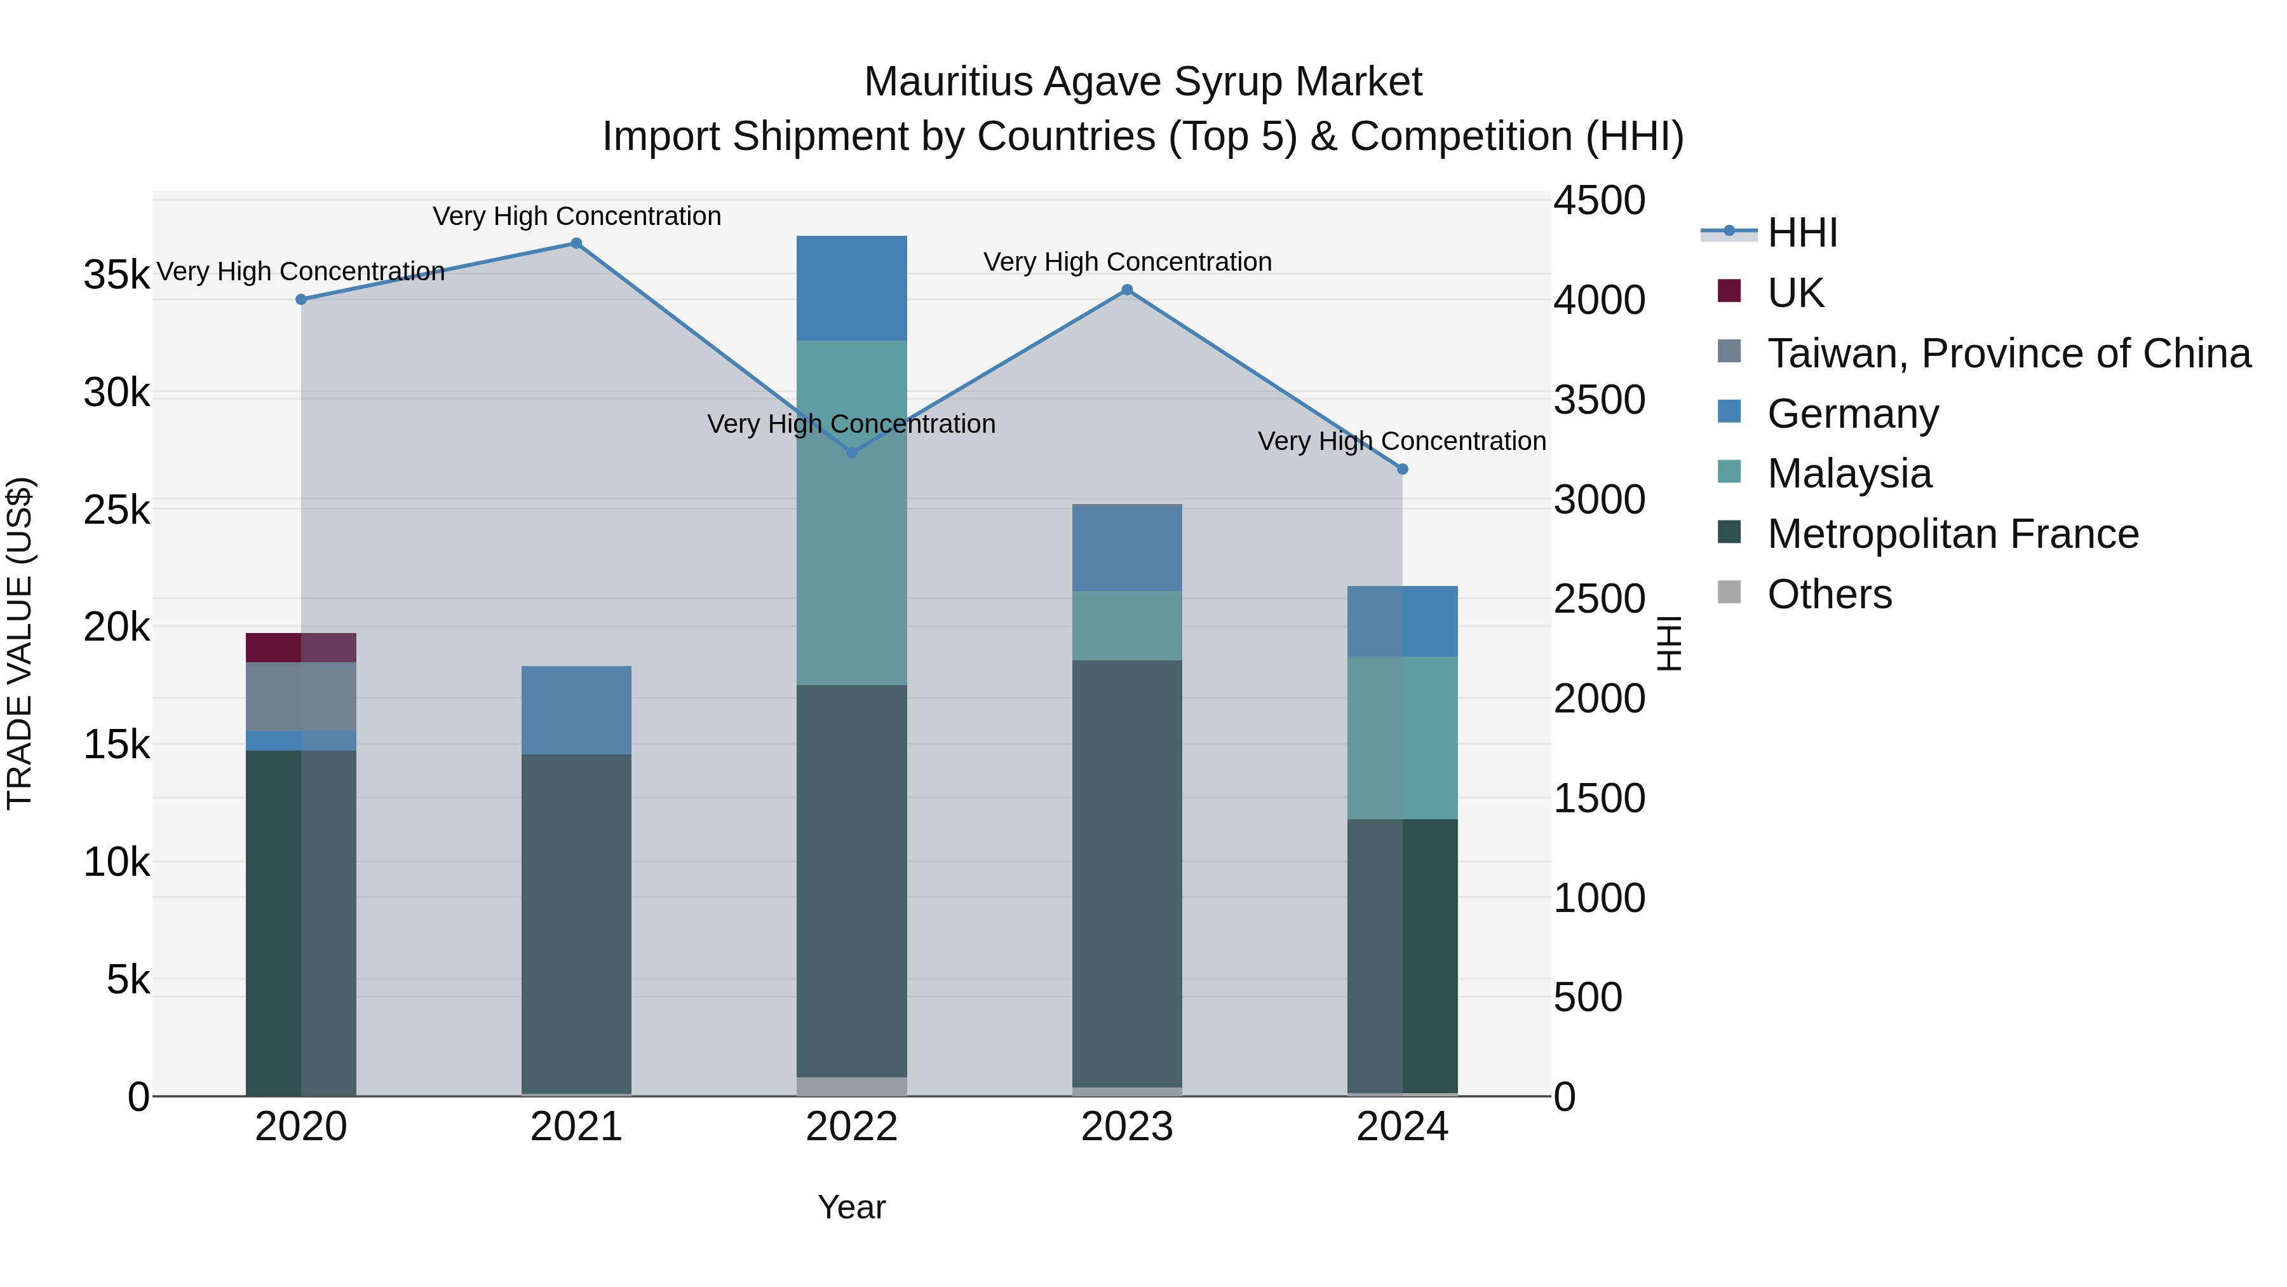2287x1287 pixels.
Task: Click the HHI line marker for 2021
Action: [x=576, y=243]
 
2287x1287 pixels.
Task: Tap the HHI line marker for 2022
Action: [x=851, y=453]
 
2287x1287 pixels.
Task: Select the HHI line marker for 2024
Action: [x=1403, y=469]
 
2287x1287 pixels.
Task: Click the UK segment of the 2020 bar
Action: [x=301, y=648]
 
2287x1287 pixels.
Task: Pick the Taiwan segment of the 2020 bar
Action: [x=301, y=697]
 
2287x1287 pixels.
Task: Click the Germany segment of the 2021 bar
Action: [x=576, y=710]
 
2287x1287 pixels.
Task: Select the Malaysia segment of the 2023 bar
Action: [x=1126, y=625]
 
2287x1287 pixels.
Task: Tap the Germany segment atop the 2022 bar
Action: [x=851, y=288]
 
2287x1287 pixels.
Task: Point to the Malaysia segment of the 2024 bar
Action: [x=1403, y=737]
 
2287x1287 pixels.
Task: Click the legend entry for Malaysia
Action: [x=1849, y=473]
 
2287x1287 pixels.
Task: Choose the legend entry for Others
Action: [x=1829, y=594]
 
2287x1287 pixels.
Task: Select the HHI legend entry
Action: [x=1802, y=233]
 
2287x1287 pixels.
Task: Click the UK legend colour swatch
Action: [x=1729, y=291]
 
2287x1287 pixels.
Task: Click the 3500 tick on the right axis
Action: [x=1599, y=400]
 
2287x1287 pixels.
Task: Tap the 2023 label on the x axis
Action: [x=1126, y=1127]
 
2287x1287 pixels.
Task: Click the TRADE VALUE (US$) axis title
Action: [x=20, y=643]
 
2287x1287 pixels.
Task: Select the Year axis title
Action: [x=851, y=1207]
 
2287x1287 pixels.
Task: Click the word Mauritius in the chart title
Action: [x=948, y=82]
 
